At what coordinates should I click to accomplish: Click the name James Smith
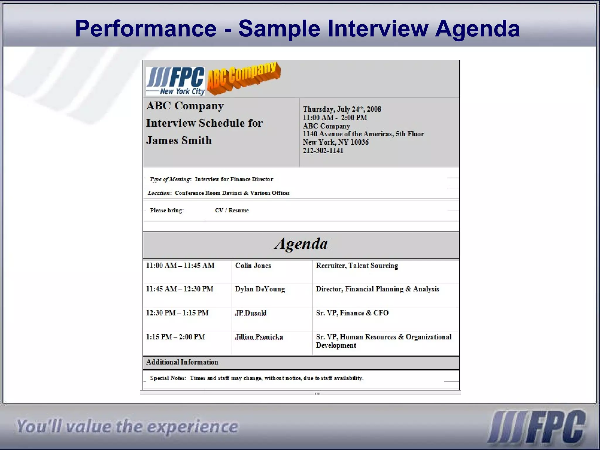click(179, 140)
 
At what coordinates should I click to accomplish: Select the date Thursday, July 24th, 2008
click(342, 109)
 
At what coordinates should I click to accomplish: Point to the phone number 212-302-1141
click(323, 151)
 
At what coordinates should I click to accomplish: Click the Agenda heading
click(301, 244)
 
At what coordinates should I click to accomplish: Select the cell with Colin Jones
click(253, 266)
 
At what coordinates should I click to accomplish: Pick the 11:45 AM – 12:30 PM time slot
click(180, 289)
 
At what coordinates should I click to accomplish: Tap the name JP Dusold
click(251, 313)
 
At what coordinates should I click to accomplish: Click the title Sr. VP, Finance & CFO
click(352, 313)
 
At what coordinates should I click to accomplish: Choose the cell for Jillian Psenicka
click(259, 337)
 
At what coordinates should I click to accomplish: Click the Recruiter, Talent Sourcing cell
click(357, 266)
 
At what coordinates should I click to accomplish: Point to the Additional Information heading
click(182, 362)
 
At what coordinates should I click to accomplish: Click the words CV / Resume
click(231, 210)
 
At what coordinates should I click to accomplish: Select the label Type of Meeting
click(170, 179)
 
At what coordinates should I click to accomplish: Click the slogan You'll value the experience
click(127, 426)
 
